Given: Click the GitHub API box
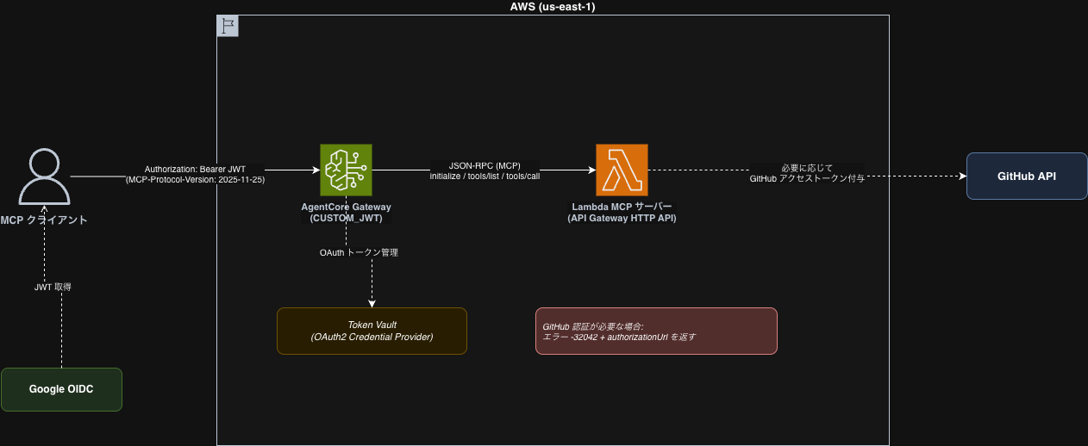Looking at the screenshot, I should pos(1026,176).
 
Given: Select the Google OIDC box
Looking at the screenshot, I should pos(61,389).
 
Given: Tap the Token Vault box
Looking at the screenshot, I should pos(372,331).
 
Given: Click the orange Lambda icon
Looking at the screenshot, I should pos(621,170).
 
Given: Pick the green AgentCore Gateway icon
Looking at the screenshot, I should pos(346,170).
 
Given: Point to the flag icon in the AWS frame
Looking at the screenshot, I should pos(228,26).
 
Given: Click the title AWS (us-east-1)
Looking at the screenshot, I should pos(552,7).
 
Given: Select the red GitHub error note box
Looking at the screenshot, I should pos(656,331).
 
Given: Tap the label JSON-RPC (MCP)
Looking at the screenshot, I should pos(485,165).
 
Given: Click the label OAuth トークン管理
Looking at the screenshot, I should pos(359,253).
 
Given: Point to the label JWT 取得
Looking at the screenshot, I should pos(53,287).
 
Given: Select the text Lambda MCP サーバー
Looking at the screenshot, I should pos(622,208).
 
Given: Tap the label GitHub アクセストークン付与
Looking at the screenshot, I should pos(807,177).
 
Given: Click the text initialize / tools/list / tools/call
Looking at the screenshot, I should pos(485,177).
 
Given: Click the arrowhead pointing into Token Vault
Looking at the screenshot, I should pos(372,302).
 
